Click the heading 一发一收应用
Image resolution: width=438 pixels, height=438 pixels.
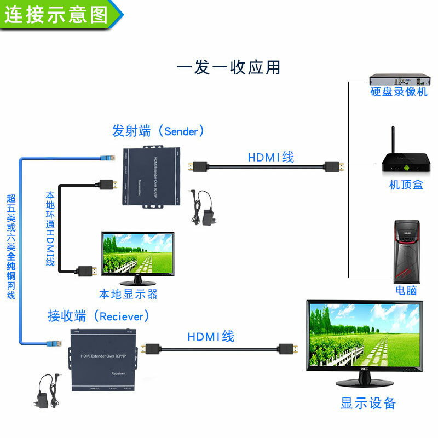coord(228,67)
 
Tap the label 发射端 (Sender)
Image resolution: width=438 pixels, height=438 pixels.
coord(158,131)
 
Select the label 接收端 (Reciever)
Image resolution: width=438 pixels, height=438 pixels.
coord(99,316)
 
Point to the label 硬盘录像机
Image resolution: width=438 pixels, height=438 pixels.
coord(399,92)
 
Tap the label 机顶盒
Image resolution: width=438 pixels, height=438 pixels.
coord(406,185)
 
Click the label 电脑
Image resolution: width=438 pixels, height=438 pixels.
coord(406,290)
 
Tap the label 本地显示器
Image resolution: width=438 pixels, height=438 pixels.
coord(128,294)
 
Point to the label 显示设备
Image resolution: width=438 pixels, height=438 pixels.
coord(368,404)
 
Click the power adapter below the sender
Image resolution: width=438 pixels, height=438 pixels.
coord(208,214)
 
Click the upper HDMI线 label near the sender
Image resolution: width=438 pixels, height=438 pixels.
coord(270,157)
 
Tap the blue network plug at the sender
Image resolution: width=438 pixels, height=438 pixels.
coord(107,157)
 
